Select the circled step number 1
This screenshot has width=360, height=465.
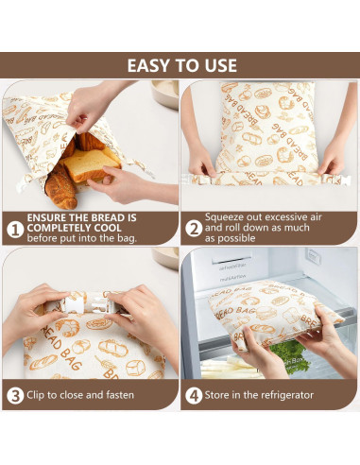tap(15, 228)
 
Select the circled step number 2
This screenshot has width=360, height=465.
tap(193, 228)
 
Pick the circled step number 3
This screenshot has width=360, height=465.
tap(15, 394)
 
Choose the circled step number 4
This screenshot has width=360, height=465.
tap(193, 394)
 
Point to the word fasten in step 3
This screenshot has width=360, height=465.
tap(118, 395)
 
